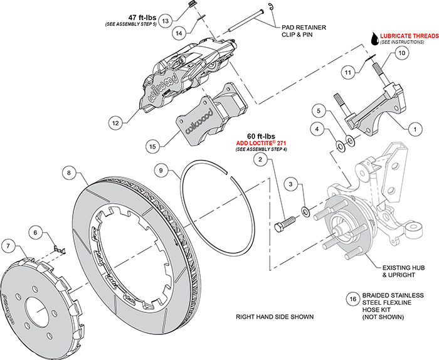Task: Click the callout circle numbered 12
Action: [115, 124]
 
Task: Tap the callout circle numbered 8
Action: [71, 171]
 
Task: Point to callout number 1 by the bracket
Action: [413, 129]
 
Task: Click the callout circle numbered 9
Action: [161, 170]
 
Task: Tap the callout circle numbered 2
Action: [258, 160]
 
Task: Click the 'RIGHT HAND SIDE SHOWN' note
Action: [274, 317]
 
